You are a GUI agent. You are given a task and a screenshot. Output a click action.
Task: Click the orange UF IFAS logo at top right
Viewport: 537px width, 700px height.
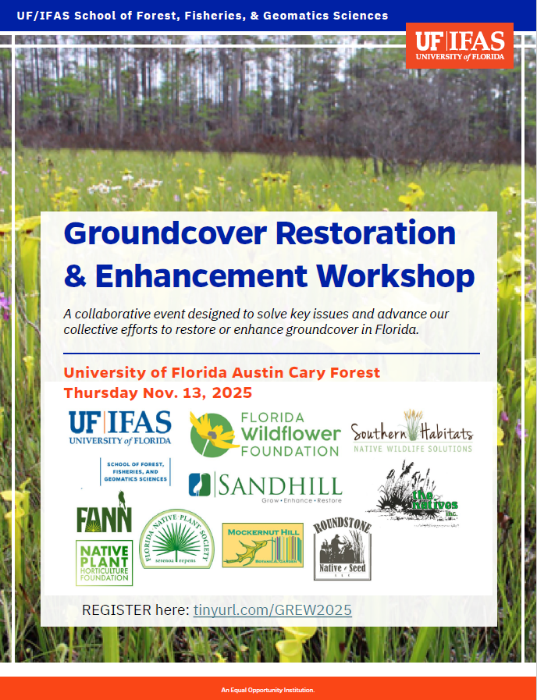click(459, 45)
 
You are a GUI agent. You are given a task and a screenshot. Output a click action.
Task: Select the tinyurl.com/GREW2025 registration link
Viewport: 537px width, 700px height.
click(272, 609)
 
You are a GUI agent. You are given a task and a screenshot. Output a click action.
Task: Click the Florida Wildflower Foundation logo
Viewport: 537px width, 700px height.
click(265, 434)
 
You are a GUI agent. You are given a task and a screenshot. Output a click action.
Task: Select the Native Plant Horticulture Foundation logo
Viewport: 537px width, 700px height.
click(104, 563)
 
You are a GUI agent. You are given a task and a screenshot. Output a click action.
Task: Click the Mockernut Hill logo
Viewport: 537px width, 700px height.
click(262, 545)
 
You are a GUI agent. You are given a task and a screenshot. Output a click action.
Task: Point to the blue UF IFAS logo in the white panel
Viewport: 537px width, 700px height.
click(120, 428)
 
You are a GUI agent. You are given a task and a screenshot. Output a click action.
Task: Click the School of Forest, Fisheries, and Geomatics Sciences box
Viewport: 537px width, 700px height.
click(134, 472)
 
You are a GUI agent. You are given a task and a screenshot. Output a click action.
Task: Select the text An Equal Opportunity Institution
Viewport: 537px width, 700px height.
click(268, 690)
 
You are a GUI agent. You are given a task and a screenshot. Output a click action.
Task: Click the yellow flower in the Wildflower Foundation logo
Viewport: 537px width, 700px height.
click(208, 428)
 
